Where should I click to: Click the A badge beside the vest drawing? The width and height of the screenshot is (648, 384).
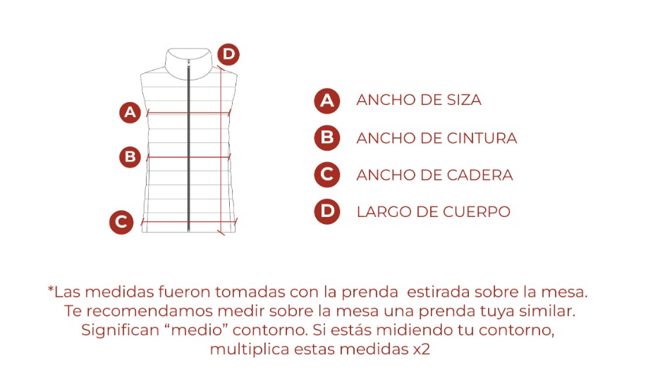130,112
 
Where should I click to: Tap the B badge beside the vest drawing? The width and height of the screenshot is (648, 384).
130,157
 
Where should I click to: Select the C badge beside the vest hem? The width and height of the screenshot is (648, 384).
121,222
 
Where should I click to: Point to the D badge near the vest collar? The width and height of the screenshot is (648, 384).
228,54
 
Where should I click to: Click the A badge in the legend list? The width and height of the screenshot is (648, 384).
327,101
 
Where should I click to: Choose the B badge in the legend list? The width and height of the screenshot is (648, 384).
327,137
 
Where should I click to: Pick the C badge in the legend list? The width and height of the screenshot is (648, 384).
327,175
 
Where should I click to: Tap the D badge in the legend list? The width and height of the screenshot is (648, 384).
327,211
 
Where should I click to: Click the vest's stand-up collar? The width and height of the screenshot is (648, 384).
188,61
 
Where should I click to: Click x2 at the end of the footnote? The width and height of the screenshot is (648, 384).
421,349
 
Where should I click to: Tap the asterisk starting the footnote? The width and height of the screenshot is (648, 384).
51,289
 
